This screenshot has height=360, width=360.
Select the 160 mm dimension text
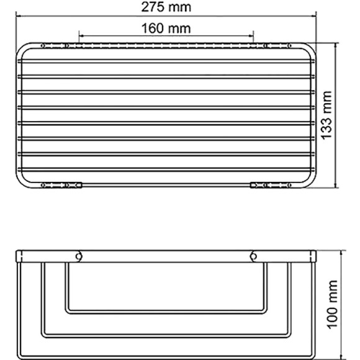tap(166, 29)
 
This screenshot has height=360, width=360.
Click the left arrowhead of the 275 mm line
tap(17, 17)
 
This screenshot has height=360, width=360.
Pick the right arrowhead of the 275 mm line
tap(317, 17)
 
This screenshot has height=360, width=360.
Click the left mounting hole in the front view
tap(79, 256)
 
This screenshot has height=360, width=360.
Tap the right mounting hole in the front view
tap(253, 256)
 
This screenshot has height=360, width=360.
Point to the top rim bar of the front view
tap(166, 255)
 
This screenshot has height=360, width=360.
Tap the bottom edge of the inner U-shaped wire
tap(166, 311)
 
